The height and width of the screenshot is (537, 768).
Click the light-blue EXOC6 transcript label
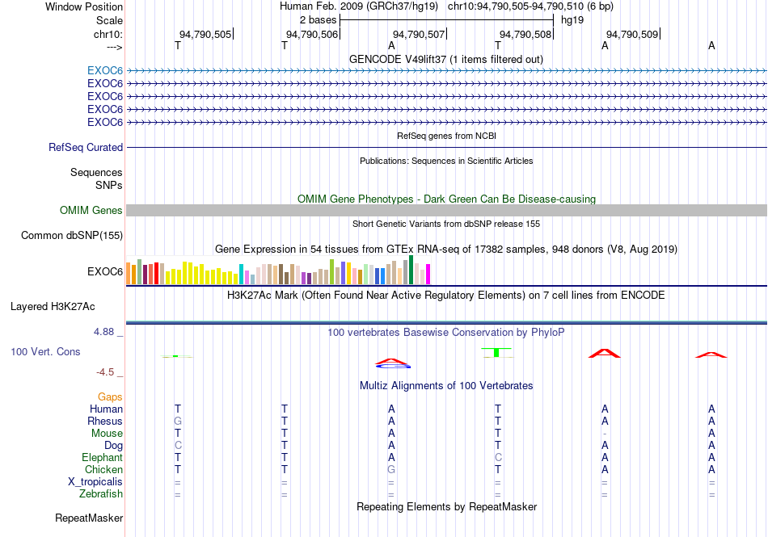point(105,71)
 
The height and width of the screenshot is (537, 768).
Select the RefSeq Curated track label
point(86,147)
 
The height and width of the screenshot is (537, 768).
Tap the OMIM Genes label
point(91,210)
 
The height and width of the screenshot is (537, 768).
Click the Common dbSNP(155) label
point(72,235)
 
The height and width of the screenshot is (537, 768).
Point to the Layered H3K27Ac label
point(53,307)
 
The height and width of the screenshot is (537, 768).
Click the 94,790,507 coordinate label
point(419,34)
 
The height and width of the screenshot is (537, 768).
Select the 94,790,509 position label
point(632,34)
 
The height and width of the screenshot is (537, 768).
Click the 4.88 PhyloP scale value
point(103,332)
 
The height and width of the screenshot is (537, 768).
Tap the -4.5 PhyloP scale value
point(105,372)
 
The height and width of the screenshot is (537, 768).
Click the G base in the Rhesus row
point(178,421)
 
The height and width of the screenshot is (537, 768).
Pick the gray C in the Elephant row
point(498,457)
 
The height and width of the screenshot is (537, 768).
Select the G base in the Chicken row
point(391,469)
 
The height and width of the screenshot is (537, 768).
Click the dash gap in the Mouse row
point(605,434)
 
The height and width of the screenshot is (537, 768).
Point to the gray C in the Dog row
point(178,446)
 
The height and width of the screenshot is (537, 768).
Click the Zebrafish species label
point(101,494)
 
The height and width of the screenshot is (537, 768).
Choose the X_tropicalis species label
point(95,482)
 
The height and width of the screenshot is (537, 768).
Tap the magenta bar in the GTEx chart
point(428,274)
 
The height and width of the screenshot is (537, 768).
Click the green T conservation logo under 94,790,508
point(496,352)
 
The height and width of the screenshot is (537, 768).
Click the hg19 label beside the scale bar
point(572,20)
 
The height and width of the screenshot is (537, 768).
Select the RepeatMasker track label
point(89,518)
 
